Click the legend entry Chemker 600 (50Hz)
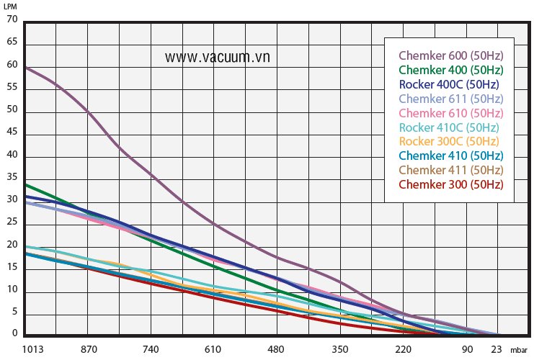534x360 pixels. click(x=450, y=55)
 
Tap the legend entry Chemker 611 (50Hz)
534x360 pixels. click(x=450, y=99)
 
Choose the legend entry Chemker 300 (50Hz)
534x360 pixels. click(x=450, y=184)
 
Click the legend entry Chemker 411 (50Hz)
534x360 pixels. click(x=450, y=170)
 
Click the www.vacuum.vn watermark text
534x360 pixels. click(x=217, y=57)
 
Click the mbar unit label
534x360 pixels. click(x=519, y=351)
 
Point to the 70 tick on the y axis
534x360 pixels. click(x=12, y=19)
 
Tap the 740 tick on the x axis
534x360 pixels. click(x=150, y=349)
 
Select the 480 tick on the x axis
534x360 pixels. click(x=276, y=349)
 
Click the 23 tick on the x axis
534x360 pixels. click(x=497, y=349)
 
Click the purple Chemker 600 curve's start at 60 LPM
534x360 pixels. click(x=26, y=67)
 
